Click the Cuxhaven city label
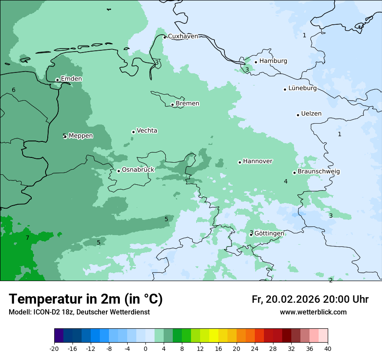click(x=183, y=36)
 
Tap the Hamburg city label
click(x=273, y=61)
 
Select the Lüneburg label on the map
click(x=302, y=88)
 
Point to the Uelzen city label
click(x=311, y=114)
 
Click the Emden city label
click(x=71, y=79)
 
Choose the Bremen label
click(x=187, y=104)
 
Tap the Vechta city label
click(x=147, y=131)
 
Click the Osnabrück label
click(x=138, y=170)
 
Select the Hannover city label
click(x=257, y=161)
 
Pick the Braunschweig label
click(x=319, y=172)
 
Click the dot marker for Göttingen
click(x=251, y=235)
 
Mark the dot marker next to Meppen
click(x=65, y=137)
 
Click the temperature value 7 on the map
click(x=27, y=238)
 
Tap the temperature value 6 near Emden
click(x=13, y=90)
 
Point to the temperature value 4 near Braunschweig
click(x=286, y=181)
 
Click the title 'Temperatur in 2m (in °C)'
click(x=86, y=299)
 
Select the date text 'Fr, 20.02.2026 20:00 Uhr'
click(x=310, y=299)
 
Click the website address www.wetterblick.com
click(x=313, y=312)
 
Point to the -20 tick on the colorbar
click(x=54, y=348)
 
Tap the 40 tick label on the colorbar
click(x=327, y=348)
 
